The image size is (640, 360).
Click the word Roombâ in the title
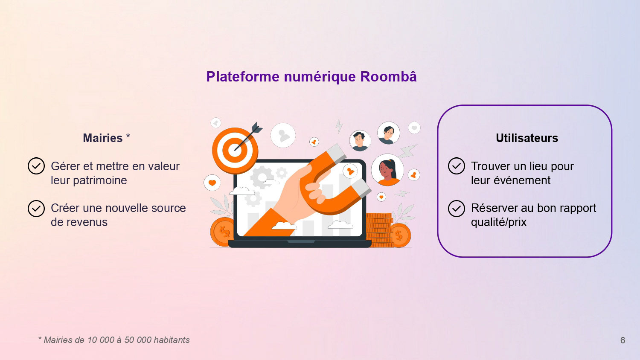[388, 77]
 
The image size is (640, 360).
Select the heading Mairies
[102, 138]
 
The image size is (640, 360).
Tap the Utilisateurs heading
[527, 138]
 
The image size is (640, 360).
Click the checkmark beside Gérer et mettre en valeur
[36, 166]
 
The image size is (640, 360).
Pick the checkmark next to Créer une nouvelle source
[36, 208]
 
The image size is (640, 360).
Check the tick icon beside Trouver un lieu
[456, 166]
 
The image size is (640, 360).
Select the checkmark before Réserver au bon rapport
[456, 209]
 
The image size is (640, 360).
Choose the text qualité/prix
[498, 222]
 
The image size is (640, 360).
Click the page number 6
[623, 340]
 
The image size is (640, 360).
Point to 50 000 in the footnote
[137, 340]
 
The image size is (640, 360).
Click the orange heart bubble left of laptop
[212, 183]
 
